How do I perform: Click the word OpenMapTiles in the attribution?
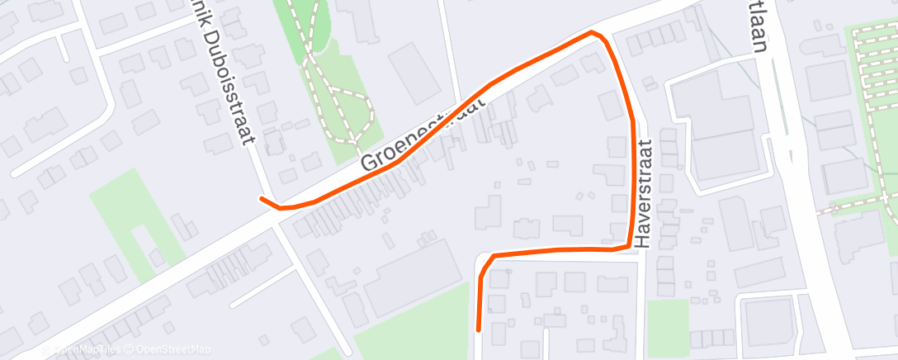pos(89,349)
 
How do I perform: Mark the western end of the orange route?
pos(262,198)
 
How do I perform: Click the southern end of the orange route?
pos(480,329)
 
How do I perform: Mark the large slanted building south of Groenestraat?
pos(413,281)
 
